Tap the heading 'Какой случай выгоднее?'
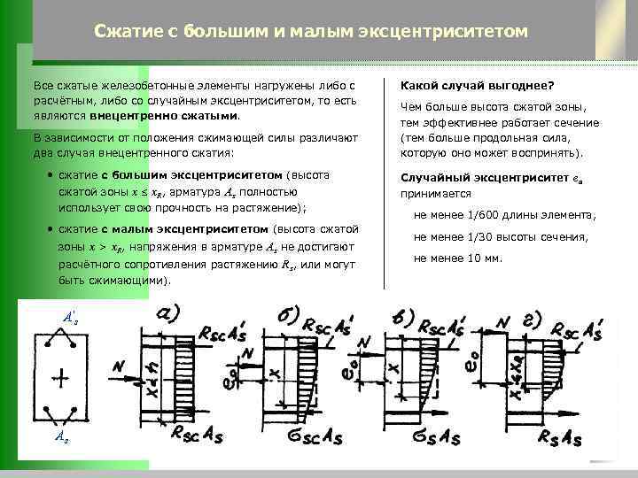(477, 86)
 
